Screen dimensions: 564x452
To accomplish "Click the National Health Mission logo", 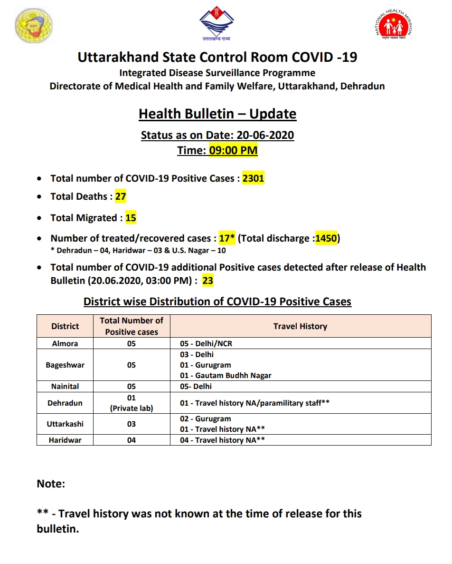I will (x=394, y=26).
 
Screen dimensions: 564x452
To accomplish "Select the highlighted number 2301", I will (x=253, y=178).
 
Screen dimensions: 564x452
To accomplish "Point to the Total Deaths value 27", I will (x=121, y=196).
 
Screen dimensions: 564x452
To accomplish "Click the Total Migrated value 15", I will (x=131, y=218).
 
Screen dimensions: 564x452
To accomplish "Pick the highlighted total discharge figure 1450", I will (x=326, y=238).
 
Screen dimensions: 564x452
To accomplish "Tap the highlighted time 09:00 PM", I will (x=233, y=151).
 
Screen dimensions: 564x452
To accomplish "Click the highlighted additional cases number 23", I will (x=207, y=281).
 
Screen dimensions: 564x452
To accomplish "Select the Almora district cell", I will (x=65, y=343).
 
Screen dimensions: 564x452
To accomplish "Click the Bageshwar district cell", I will (x=65, y=365).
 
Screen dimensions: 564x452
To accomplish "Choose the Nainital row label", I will (x=65, y=386).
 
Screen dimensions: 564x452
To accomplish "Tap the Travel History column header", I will (x=300, y=326).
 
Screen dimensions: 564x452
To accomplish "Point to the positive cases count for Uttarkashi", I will (x=132, y=424).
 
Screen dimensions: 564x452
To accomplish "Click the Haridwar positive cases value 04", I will (x=132, y=440).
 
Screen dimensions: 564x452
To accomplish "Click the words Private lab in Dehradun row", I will (x=132, y=408).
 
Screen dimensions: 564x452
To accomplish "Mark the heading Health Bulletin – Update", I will (x=217, y=114).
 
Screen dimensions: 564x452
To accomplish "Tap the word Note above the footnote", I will (x=51, y=484).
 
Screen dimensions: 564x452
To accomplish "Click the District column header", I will (x=65, y=326).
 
